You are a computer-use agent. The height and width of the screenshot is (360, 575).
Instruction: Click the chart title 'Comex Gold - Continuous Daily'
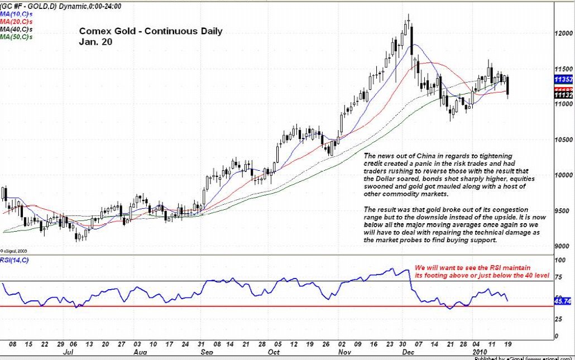point(151,31)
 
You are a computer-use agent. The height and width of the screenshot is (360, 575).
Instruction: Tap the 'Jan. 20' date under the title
point(95,41)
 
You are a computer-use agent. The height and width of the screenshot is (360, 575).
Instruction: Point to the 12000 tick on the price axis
point(563,33)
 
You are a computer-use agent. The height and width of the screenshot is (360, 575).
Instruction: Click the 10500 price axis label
point(563,140)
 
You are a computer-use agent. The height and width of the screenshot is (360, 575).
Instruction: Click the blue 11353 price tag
point(563,80)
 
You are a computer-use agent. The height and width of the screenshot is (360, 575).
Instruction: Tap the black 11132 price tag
point(563,95)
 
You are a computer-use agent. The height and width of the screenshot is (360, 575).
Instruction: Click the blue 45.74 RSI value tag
point(562,301)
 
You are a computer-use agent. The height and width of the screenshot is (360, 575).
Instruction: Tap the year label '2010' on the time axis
point(481,353)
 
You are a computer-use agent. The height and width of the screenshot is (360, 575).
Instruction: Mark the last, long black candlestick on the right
point(507,87)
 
